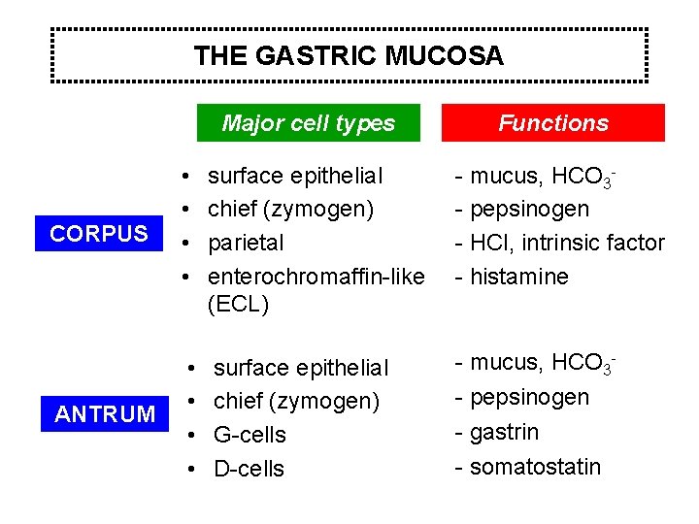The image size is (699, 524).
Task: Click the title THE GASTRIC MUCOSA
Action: click(x=349, y=56)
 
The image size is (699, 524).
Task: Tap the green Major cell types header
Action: click(x=308, y=123)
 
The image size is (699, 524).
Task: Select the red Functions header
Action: click(x=552, y=123)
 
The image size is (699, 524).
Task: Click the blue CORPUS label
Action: click(x=99, y=234)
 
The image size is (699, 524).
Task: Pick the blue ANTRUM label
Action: click(x=105, y=414)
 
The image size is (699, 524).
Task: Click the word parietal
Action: click(x=246, y=242)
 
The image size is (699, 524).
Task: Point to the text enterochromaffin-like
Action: click(x=316, y=277)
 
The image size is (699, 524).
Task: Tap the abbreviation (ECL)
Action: click(x=238, y=304)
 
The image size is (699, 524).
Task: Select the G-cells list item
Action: click(x=250, y=435)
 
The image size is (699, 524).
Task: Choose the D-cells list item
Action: click(x=249, y=469)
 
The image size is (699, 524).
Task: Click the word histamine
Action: click(x=519, y=277)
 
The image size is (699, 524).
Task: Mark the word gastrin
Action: click(x=504, y=432)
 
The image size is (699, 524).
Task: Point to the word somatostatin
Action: click(x=535, y=467)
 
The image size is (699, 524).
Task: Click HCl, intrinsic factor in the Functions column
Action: click(x=567, y=243)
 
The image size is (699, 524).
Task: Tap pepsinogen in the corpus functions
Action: click(x=529, y=209)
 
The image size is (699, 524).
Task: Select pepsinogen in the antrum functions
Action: click(x=529, y=398)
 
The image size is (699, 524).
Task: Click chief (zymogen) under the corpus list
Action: click(x=291, y=209)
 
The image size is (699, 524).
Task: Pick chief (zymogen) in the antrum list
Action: click(x=296, y=401)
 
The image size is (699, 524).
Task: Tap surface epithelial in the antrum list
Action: click(x=300, y=368)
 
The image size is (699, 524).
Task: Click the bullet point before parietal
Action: click(x=184, y=243)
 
